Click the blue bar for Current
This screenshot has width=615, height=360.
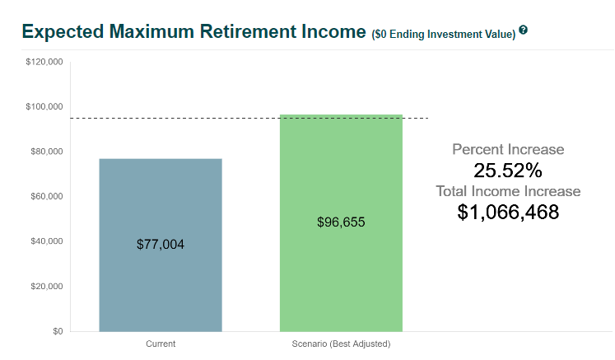coord(161,245)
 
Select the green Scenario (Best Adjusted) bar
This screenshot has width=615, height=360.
coord(341,223)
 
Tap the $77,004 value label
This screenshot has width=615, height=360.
coord(161,244)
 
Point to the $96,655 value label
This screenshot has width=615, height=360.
coord(341,222)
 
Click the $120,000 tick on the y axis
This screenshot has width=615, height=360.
coord(44,62)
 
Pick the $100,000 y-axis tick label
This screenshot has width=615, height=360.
coord(44,106)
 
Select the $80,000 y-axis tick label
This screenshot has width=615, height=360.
coord(47,151)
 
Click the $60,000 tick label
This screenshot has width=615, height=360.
coord(47,196)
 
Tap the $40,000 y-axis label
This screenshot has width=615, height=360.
coord(47,241)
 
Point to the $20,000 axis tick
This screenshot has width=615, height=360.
coord(47,286)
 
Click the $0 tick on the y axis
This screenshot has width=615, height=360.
coord(58,331)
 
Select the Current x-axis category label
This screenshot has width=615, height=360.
coord(161,344)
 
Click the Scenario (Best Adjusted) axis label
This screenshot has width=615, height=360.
coord(341,344)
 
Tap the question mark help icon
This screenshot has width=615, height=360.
coord(524,30)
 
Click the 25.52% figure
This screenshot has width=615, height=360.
coord(508,171)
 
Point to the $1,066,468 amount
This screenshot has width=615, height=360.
coord(508,212)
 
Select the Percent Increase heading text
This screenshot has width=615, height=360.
coord(508,149)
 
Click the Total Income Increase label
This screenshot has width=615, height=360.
coord(508,191)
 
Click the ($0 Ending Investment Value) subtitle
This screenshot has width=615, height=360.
coord(444,34)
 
